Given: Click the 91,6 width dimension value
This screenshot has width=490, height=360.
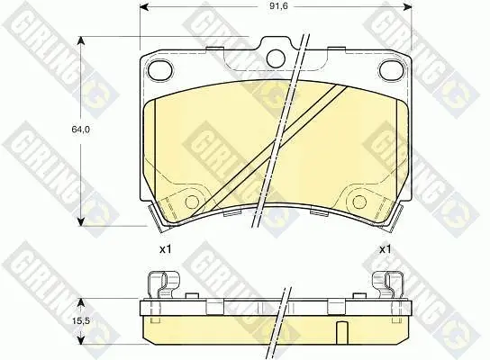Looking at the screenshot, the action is (279, 6).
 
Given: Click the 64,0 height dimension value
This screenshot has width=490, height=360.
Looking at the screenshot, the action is (81, 129).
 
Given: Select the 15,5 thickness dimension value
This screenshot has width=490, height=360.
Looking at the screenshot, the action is (81, 320).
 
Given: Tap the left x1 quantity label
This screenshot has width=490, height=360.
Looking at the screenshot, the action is (166, 249).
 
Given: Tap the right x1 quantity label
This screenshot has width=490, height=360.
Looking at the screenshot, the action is (385, 249).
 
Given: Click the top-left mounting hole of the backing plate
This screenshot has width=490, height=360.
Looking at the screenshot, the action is (160, 70).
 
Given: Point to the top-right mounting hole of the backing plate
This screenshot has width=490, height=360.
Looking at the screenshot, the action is (391, 70).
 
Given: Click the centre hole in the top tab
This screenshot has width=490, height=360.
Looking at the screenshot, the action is (276, 58).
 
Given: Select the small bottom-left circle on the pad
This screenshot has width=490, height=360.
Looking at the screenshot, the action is (192, 202).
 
